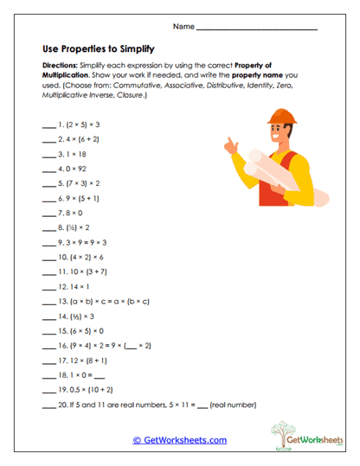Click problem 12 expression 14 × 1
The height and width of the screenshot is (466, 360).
point(75,286)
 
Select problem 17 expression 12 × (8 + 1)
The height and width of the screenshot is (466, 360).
point(84,360)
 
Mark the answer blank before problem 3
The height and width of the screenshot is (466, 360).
point(47,155)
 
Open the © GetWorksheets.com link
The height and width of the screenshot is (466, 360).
point(179,440)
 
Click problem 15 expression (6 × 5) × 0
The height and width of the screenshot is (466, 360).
point(80,331)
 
